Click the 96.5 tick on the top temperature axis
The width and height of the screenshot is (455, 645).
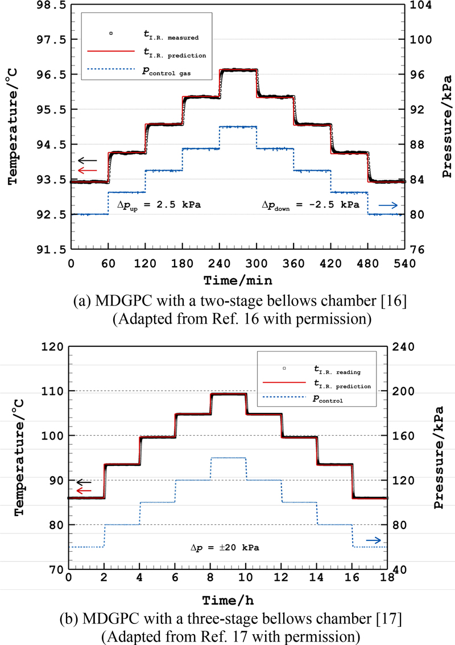(49, 75)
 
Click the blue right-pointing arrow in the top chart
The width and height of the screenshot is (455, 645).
(390, 205)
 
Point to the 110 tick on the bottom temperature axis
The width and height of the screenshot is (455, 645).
(53, 391)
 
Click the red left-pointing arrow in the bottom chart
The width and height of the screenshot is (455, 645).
(84, 490)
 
